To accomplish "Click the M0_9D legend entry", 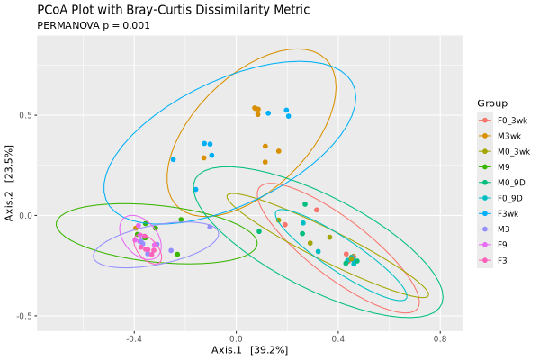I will tap(504, 183).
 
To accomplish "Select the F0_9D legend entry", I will tap(504, 198).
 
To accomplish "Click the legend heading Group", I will tap(492, 103).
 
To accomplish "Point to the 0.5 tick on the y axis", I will tap(24, 115).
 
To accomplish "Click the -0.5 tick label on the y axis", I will tap(22, 316).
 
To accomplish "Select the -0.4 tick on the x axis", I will tap(134, 339).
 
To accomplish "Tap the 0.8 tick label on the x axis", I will tap(439, 339).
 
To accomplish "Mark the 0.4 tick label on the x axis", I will tap(337, 339).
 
